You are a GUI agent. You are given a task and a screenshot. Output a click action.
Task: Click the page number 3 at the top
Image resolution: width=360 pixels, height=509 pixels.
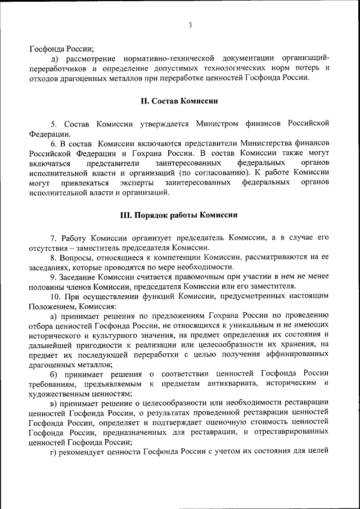[191, 25]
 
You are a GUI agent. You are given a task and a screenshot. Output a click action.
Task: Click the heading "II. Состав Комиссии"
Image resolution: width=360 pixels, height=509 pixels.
[179, 101]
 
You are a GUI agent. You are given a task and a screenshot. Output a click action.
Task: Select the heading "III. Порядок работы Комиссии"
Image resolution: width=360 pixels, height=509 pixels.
[179, 215]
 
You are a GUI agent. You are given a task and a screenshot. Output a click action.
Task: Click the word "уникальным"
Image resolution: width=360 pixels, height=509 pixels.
[224, 326]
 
